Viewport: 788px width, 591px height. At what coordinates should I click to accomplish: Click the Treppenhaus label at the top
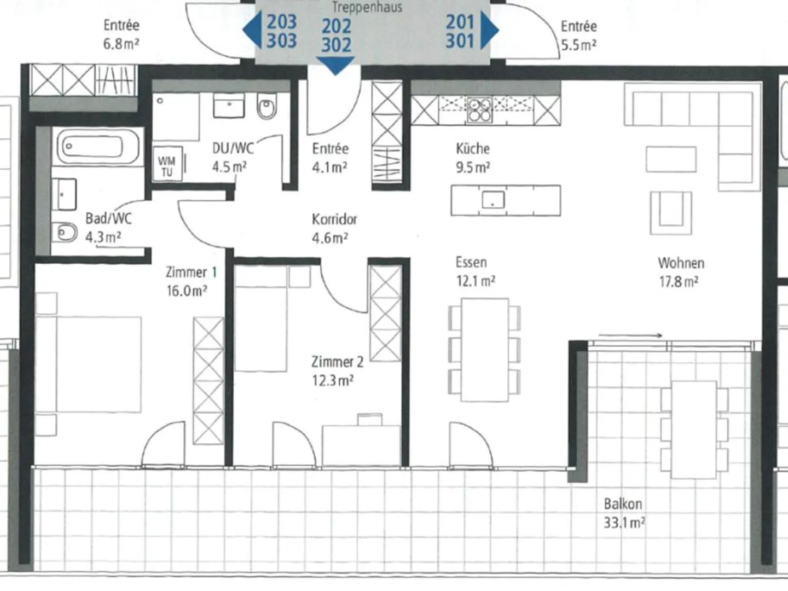click(x=367, y=7)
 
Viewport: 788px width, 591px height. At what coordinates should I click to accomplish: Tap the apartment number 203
click(x=281, y=22)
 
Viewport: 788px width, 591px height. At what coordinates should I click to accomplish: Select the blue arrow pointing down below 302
click(x=335, y=66)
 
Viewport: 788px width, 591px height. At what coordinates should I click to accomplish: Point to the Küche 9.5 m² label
click(x=473, y=158)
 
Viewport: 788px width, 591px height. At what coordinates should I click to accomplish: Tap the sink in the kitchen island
click(x=493, y=200)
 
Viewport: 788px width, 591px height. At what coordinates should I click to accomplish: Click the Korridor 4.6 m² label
click(x=334, y=228)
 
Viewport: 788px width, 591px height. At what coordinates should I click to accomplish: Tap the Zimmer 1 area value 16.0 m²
click(x=187, y=291)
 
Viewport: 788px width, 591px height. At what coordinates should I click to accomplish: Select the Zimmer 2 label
click(x=337, y=362)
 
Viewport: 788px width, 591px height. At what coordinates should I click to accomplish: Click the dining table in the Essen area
click(x=484, y=350)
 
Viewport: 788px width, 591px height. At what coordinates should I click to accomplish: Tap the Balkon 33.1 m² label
click(x=624, y=513)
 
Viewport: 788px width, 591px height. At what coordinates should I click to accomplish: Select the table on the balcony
click(x=694, y=429)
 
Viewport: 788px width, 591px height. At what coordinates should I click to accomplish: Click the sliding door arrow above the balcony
click(x=630, y=335)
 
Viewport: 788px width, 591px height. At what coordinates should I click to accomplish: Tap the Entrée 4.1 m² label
click(x=330, y=158)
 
